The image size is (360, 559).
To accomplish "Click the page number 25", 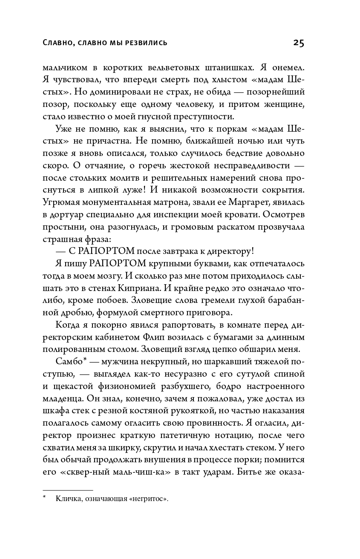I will tap(298, 43).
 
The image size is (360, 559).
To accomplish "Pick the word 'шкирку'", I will tap(126, 447).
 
